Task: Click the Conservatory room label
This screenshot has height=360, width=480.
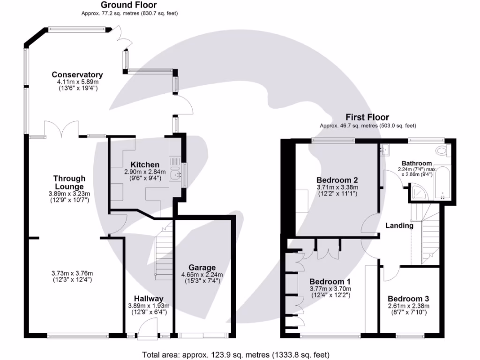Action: tap(77, 75)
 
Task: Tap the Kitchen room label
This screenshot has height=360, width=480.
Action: tap(145, 165)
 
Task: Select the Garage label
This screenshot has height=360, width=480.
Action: tap(202, 268)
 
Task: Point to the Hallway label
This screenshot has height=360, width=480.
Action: tap(149, 299)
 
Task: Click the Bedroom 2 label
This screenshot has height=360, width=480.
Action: tap(337, 180)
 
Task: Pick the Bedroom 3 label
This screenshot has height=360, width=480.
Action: tap(408, 299)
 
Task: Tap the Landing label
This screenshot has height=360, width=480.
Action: tap(399, 226)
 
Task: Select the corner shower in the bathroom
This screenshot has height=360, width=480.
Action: tap(419, 192)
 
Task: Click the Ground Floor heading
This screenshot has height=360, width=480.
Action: tap(129, 5)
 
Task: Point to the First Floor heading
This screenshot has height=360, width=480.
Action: tap(367, 117)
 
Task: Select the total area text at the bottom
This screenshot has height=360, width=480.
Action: tap(236, 355)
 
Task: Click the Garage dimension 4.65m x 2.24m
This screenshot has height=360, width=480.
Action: tap(202, 275)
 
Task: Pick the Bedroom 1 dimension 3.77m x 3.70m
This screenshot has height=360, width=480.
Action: tap(330, 289)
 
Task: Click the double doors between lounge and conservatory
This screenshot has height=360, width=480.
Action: tap(61, 129)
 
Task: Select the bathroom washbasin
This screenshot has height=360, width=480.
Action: tap(384, 150)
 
